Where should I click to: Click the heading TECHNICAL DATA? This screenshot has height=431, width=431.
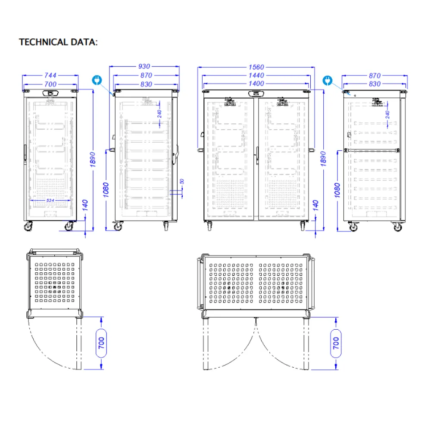[59, 42]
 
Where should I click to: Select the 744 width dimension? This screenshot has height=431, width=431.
[50, 75]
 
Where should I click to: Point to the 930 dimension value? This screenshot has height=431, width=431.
[144, 66]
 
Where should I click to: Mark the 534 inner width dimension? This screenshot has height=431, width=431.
[50, 200]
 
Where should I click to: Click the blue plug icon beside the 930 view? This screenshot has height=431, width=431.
[97, 80]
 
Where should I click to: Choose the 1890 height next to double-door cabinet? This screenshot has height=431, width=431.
[324, 159]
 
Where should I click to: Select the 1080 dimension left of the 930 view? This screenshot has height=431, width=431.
[106, 190]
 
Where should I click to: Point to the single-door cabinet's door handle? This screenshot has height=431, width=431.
[25, 151]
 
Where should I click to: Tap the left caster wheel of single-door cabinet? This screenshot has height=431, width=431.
[29, 226]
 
